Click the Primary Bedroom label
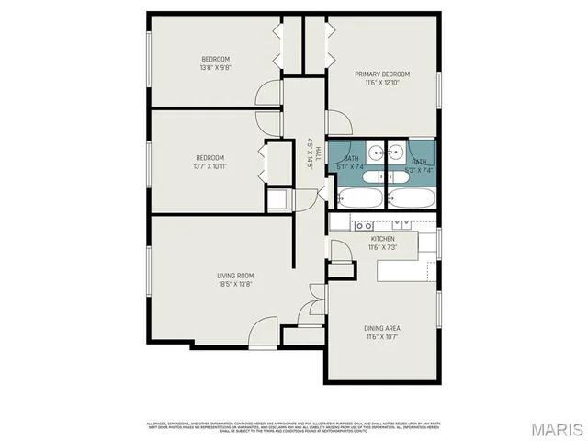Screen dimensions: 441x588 tap(383, 74)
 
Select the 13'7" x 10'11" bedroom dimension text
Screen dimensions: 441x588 tap(209, 166)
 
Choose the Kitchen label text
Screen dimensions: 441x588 tap(382, 239)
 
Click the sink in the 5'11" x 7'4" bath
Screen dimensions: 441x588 tap(375, 153)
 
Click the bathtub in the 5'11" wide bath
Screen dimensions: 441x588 tap(360, 198)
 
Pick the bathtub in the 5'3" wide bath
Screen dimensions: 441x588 tap(411, 198)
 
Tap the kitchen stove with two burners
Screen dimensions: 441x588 tap(364, 224)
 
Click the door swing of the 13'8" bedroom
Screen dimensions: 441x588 tap(269, 94)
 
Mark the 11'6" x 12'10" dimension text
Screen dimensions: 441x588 tap(383, 83)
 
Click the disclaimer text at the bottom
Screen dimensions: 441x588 tap(294, 426)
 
